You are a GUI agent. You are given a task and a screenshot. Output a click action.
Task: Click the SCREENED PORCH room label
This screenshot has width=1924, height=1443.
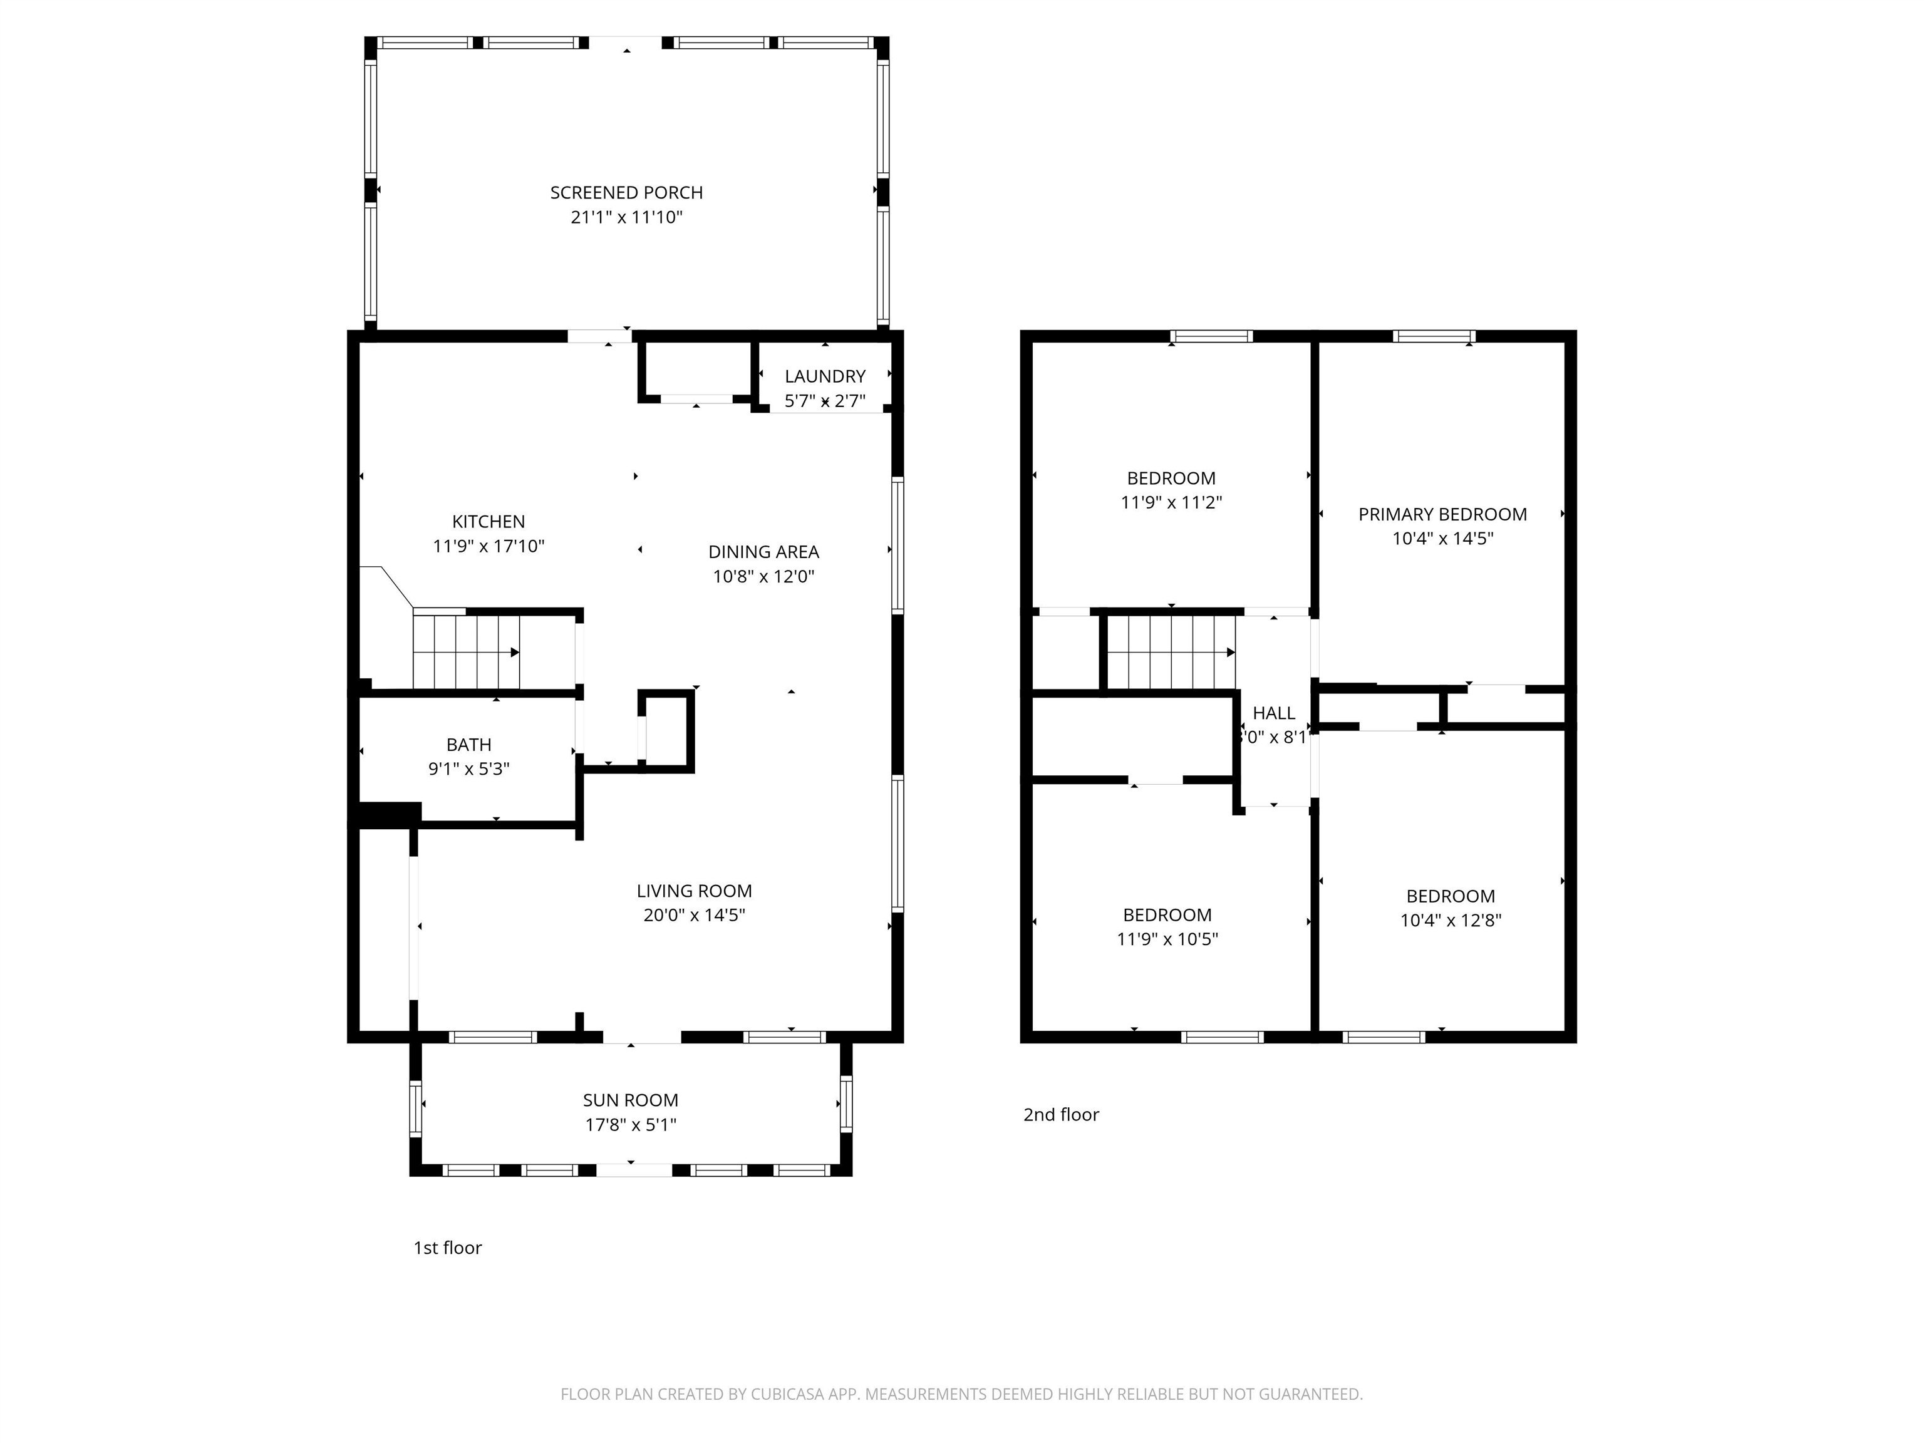pyautogui.click(x=626, y=192)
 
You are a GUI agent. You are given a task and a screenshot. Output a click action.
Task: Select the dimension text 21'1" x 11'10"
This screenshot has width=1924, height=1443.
pyautogui.click(x=626, y=217)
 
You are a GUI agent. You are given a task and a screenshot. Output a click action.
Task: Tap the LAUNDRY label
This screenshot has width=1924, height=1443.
pyautogui.click(x=825, y=376)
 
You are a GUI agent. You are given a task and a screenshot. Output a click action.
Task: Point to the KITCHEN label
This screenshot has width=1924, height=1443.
pyautogui.click(x=488, y=522)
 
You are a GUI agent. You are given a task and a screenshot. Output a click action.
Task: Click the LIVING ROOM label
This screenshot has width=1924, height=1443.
pyautogui.click(x=693, y=891)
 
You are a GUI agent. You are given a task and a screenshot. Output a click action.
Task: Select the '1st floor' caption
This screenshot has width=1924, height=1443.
pyautogui.click(x=447, y=1248)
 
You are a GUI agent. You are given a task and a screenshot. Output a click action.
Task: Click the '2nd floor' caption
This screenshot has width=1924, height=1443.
pyautogui.click(x=1060, y=1115)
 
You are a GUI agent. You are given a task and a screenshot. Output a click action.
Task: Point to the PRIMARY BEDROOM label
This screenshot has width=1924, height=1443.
pyautogui.click(x=1442, y=514)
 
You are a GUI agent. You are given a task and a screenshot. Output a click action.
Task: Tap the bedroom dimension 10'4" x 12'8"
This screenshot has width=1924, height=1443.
pyautogui.click(x=1450, y=920)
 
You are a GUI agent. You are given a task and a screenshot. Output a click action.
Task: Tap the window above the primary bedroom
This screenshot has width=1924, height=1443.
pyautogui.click(x=1434, y=336)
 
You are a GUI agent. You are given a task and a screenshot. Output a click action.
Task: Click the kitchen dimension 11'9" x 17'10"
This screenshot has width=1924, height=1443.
pyautogui.click(x=488, y=546)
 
